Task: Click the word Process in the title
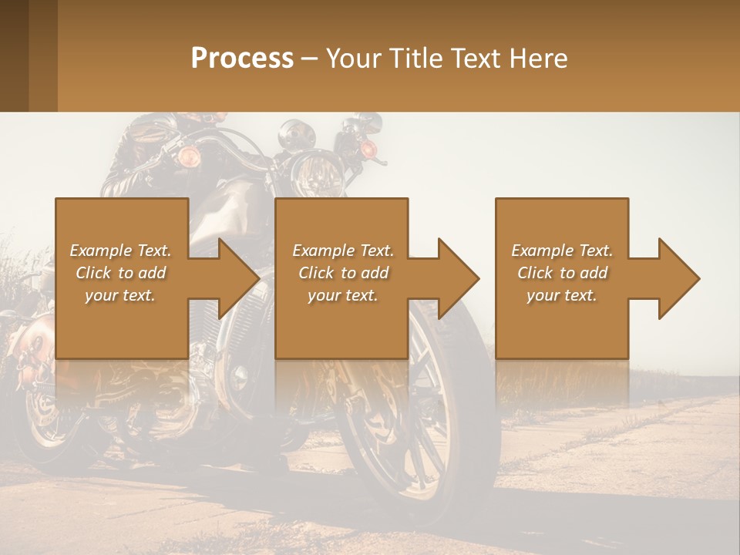pos(242,59)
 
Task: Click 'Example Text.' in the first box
pos(120,251)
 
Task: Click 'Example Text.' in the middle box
pos(343,251)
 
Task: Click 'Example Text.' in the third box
pos(562,251)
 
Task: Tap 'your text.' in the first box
pos(120,295)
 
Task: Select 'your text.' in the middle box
pos(343,295)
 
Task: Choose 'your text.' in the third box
pos(562,295)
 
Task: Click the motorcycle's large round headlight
pos(317,175)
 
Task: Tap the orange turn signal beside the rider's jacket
pos(189,157)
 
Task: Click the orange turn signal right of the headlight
pos(369,148)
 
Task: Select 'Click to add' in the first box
pos(120,273)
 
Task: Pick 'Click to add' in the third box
pos(562,273)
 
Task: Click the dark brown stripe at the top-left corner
pos(14,55)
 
